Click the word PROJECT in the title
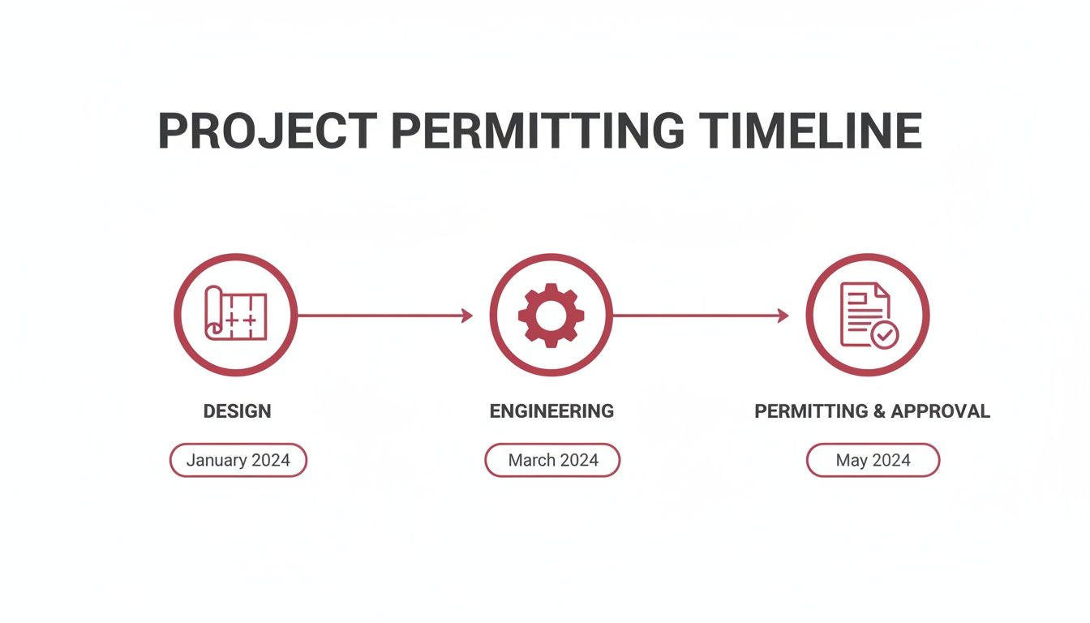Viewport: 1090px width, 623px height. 267,131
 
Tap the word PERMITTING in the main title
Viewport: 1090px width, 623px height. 537,131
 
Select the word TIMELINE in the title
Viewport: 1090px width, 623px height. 810,131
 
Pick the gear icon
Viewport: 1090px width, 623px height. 551,315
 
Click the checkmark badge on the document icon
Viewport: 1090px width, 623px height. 884,333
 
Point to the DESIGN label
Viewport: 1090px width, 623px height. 237,411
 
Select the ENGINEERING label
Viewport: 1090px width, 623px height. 551,411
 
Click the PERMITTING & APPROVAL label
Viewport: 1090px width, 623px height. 872,411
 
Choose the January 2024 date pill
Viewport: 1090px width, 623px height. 238,460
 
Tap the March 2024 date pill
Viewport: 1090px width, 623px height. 552,460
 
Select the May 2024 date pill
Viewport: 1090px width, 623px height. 873,460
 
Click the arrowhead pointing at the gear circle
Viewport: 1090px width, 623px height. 467,316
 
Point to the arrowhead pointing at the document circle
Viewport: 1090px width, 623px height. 783,316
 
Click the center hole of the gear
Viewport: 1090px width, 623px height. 551,315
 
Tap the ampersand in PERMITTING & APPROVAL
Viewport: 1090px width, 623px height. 879,411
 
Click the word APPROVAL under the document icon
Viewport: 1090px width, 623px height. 940,411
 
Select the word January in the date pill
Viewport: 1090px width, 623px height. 216,460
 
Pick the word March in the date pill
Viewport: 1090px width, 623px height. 531,460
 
